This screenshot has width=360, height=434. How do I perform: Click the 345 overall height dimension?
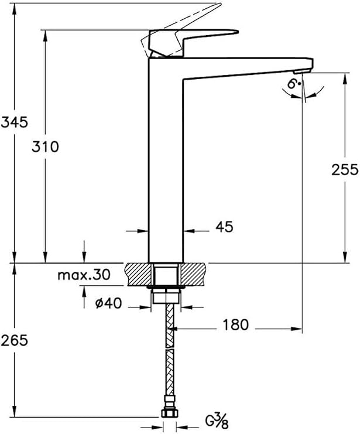tap(15, 122)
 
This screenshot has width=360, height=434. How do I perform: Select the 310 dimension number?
tap(45, 146)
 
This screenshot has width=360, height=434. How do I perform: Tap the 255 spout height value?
tap(345, 170)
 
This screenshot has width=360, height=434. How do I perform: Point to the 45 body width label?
tap(224, 227)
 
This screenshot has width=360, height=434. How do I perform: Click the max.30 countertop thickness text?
tap(84, 275)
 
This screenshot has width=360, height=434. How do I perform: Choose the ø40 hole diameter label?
tap(108, 303)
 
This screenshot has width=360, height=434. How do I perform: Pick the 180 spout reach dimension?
tap(235, 324)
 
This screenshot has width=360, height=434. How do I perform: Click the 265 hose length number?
tap(15, 340)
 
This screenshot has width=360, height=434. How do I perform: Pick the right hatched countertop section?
tap(192, 274)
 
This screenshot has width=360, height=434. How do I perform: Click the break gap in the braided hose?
tap(170, 348)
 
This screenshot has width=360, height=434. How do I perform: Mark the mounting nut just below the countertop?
tap(166, 296)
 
